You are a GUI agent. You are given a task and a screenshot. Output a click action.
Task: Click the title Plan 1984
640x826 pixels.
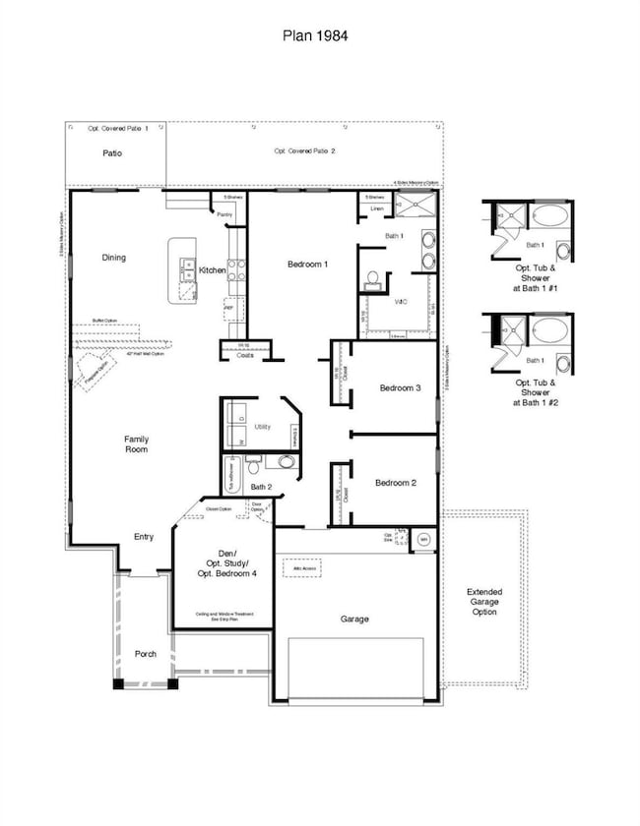[x=319, y=34]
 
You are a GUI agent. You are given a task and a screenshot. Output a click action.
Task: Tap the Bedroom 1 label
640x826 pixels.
[x=307, y=264]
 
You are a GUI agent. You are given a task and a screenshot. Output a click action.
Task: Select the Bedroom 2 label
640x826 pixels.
[x=395, y=482]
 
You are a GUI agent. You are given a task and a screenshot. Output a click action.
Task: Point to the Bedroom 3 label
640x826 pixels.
[x=400, y=387]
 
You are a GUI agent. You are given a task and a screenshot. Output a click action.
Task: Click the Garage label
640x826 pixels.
[x=354, y=619]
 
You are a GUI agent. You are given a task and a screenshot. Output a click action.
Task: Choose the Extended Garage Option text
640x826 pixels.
[x=483, y=602]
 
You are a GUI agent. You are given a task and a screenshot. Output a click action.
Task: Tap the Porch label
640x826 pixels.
[x=146, y=654]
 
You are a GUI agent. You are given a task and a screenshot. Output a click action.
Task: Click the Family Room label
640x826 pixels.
[x=136, y=444]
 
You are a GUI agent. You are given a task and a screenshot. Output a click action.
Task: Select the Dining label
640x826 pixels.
[x=114, y=258]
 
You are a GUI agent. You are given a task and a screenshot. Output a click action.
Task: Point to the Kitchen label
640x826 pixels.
[x=213, y=269]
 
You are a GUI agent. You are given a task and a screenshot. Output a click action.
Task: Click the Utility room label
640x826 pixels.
[x=262, y=428]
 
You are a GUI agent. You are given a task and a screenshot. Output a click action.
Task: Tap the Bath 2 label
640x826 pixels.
[x=261, y=486]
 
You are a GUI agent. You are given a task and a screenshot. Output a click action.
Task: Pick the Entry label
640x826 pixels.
[x=144, y=537]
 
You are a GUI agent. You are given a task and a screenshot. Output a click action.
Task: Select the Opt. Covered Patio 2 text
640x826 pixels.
[x=304, y=150]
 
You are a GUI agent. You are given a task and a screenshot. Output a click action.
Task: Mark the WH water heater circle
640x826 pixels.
[x=423, y=539]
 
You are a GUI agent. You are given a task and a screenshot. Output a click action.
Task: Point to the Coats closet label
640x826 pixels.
[x=244, y=355]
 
